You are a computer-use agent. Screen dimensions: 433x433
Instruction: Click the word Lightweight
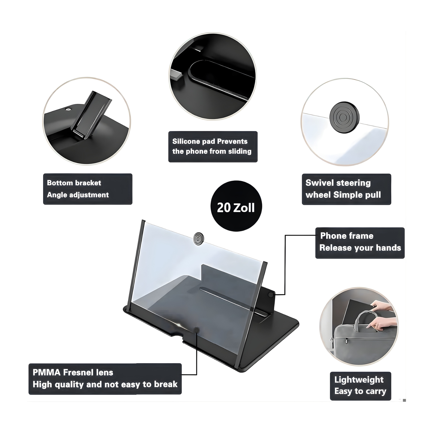(359, 380)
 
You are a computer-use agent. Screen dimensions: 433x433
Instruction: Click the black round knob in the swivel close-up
(345, 117)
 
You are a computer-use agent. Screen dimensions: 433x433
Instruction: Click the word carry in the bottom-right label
(376, 391)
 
